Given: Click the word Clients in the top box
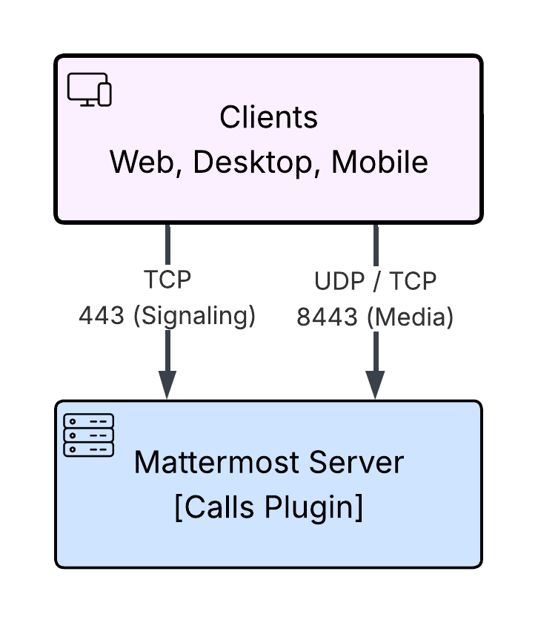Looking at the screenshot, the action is point(269,117).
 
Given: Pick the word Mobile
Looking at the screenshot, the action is point(379,162).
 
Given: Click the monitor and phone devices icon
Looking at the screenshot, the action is point(90,90).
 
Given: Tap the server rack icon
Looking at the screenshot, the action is point(88,435).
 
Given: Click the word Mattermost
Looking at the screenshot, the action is point(216,462).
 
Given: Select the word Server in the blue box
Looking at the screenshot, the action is point(356,462).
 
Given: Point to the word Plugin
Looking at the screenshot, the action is point(308,507).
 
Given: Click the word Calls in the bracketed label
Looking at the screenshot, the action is point(219,507).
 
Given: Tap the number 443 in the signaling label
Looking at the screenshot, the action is point(102,316).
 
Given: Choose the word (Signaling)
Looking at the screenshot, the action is point(194,317).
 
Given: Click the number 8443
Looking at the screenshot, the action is point(327,317).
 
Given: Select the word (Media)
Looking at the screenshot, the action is point(410,317).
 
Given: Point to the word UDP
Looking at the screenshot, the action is point(339,281).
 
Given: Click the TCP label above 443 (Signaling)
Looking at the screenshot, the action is point(167,280).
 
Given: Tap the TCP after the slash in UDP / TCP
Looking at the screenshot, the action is point(413,281).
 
